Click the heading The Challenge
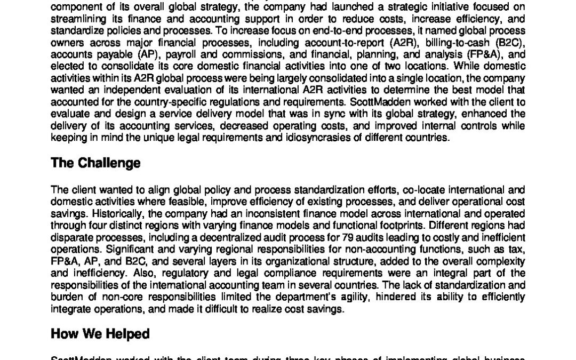point(95,163)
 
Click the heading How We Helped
point(100,334)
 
